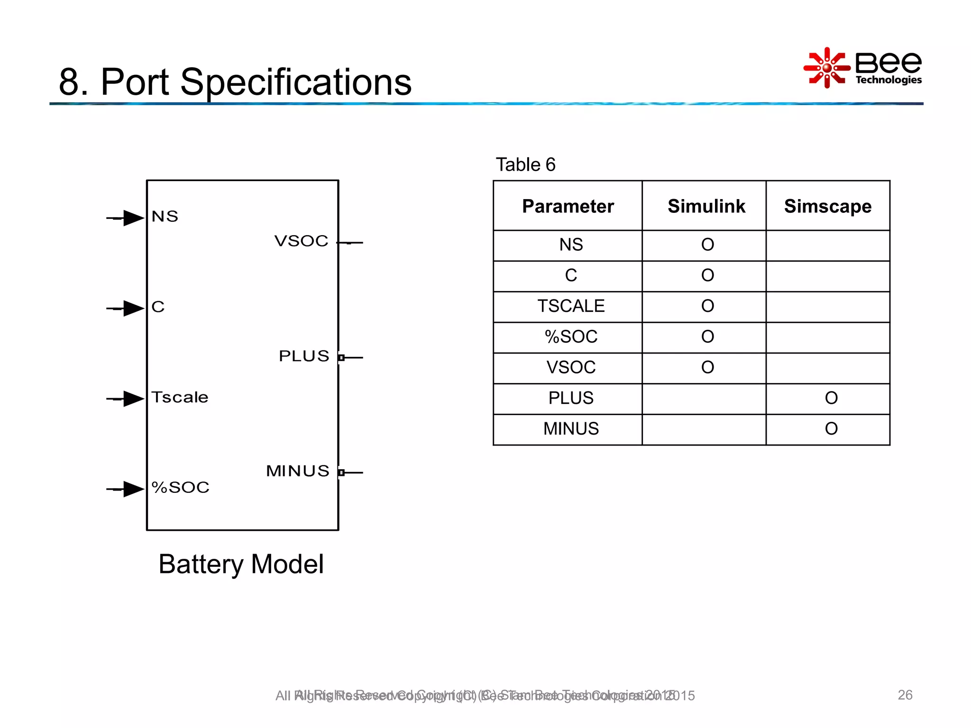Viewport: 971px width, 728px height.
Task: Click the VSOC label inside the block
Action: tap(302, 241)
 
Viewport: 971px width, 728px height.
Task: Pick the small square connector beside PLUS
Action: tap(341, 357)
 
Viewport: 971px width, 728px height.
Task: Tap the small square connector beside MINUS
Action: tap(341, 473)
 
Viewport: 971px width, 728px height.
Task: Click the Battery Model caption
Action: tap(241, 564)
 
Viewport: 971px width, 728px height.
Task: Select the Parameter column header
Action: tap(568, 206)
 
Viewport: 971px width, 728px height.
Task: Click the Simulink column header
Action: tap(706, 206)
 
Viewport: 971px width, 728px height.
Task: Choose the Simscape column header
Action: tap(827, 206)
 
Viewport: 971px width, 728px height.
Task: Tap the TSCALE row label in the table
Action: tap(571, 306)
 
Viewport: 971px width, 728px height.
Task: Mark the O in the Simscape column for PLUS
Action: tap(831, 398)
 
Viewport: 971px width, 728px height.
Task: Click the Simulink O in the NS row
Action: tap(707, 245)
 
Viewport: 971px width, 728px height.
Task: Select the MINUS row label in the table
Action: tap(571, 429)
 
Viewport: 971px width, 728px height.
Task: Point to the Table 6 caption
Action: tap(525, 165)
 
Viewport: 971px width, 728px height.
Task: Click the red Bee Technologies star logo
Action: tap(826, 68)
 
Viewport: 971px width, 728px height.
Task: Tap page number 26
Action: tap(905, 695)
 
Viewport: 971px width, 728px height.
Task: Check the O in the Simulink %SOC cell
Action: tap(707, 337)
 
